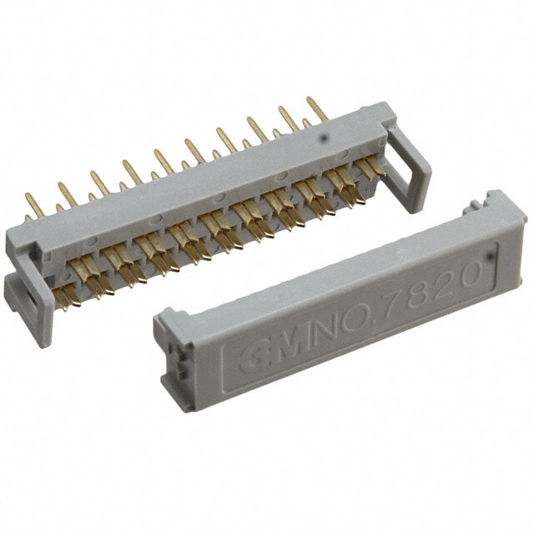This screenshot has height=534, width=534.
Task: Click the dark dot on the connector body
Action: tap(325, 137)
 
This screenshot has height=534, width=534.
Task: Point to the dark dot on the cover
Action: tap(491, 255)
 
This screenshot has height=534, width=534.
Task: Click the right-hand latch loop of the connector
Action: tap(410, 168)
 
